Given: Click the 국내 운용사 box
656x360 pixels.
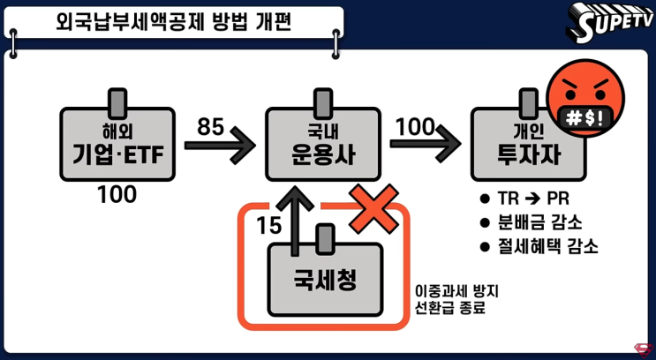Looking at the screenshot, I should [x=323, y=146].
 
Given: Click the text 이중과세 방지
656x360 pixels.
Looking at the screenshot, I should [x=449, y=291].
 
